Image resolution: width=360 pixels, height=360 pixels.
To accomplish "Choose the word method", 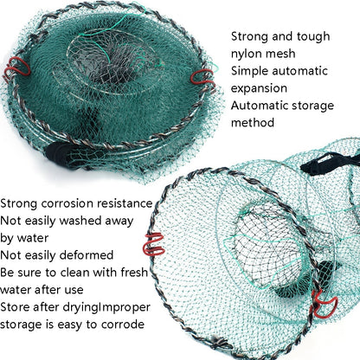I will click(252, 123).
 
